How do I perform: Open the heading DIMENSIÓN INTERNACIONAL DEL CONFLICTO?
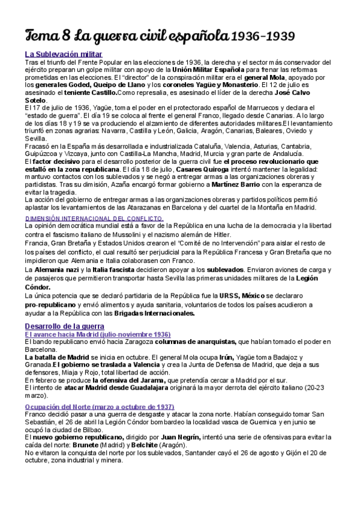point(94,218)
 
